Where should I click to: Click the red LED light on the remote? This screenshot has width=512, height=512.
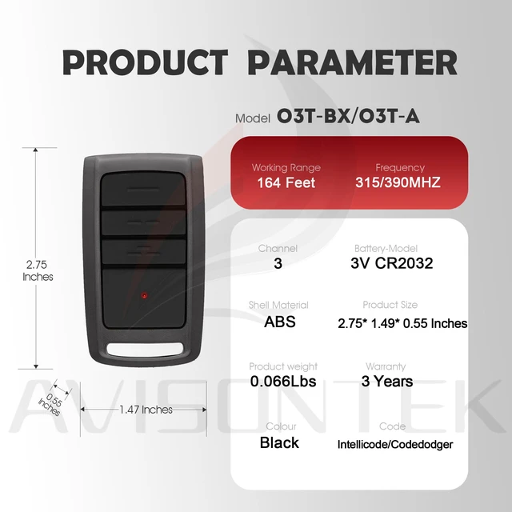click(x=144, y=295)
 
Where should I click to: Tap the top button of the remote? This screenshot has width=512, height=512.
click(x=143, y=189)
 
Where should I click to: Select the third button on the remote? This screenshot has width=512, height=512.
click(x=144, y=252)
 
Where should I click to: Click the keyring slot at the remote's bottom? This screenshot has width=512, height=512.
click(x=145, y=350)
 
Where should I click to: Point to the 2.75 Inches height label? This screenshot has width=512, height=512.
click(x=38, y=270)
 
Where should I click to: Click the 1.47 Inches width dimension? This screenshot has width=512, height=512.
click(x=146, y=410)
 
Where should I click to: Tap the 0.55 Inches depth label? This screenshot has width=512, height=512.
click(x=50, y=405)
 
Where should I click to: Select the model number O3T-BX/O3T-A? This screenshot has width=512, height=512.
click(x=348, y=116)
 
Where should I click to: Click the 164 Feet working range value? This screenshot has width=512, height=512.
click(x=286, y=182)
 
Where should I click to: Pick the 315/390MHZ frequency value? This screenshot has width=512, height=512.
click(x=398, y=182)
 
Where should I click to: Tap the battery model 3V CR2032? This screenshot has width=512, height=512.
click(x=392, y=263)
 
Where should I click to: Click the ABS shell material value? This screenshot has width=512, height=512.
click(x=280, y=322)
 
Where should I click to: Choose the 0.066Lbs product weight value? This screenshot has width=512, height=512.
click(x=283, y=382)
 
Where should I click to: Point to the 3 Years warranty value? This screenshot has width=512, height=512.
click(x=387, y=381)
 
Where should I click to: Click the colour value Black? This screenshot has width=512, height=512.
click(x=279, y=442)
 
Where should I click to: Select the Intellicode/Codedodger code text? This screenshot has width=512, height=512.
click(x=395, y=445)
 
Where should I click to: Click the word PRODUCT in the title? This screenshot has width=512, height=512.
click(x=146, y=62)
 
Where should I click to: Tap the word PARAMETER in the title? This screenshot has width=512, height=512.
click(x=352, y=62)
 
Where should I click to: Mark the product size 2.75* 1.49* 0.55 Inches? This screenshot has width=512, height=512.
click(x=402, y=323)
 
